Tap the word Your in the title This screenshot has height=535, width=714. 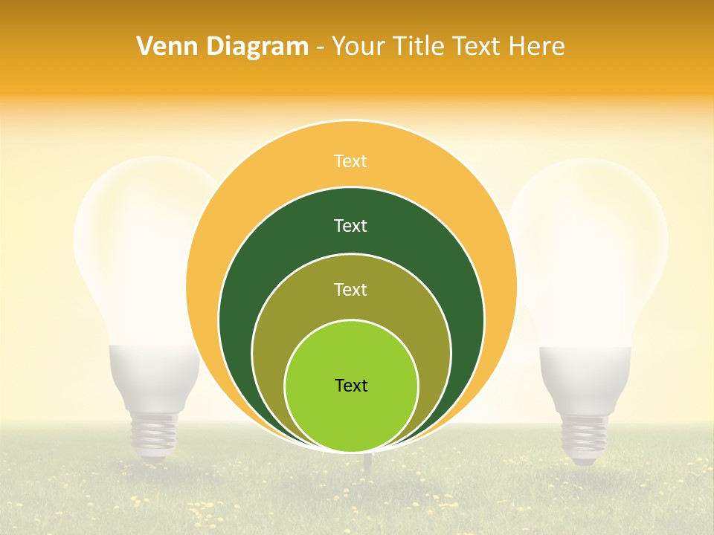click(x=358, y=47)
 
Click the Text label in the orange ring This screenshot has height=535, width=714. click(x=350, y=161)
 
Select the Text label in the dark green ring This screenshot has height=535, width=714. click(x=350, y=226)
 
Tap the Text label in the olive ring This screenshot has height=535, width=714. click(x=350, y=290)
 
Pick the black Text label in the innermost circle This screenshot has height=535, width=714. click(x=351, y=386)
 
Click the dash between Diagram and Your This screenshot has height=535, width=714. click(x=320, y=48)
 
